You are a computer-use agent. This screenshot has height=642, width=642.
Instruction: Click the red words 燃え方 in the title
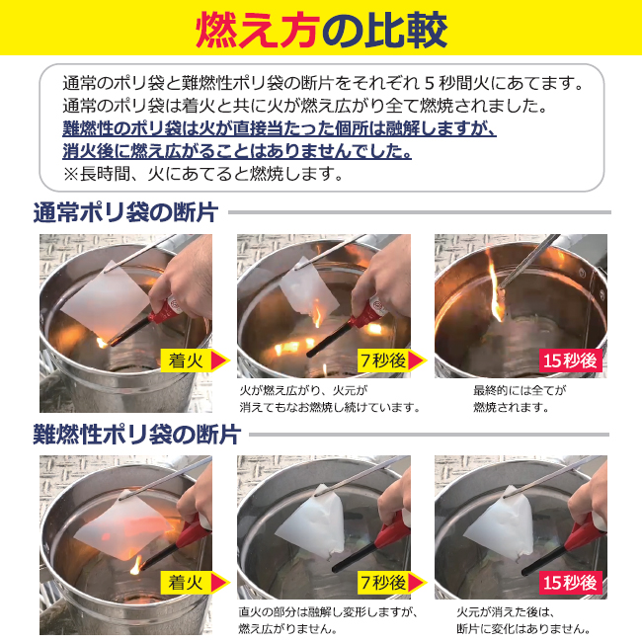pos(257,30)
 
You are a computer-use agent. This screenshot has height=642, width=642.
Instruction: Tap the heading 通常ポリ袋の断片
pos(125,212)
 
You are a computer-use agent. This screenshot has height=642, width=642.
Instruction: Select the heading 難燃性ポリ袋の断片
pos(137,434)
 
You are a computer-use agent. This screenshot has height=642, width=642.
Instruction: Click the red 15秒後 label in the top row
pos(570,361)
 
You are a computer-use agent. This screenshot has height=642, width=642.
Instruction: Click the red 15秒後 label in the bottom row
pos(570,582)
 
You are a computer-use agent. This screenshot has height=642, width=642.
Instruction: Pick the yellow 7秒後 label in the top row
pos(383,361)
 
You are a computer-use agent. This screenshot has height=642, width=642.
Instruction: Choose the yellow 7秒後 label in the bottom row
pos(383,582)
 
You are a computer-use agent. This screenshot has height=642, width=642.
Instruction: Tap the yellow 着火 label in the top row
pos(186,361)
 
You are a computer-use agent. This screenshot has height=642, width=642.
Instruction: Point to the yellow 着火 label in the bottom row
pos(186,582)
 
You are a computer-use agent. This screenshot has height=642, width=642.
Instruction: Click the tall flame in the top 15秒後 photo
pos(496,286)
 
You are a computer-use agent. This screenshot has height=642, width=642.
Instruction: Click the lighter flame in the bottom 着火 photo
pos(136,565)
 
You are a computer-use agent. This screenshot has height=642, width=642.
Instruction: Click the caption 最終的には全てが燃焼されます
pos(520,399)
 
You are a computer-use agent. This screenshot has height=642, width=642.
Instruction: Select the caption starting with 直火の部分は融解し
pos(328,620)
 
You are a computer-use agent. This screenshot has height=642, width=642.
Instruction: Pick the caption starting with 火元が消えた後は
pos(523,620)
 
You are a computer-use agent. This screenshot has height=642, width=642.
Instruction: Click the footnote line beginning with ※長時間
pos(203,175)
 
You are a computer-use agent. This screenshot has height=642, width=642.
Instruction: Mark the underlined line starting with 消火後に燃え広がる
pos(237,151)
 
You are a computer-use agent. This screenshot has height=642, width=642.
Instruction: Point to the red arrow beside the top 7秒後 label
pos(417,361)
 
